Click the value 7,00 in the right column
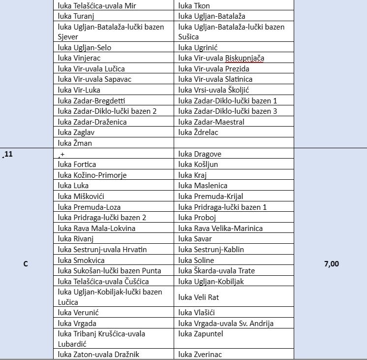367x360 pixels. [x=332, y=264]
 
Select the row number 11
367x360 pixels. [x=8, y=154]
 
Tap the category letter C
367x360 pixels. [x=26, y=264]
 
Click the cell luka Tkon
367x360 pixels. [x=194, y=6]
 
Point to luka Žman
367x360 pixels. [x=75, y=143]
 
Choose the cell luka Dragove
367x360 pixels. [x=200, y=154]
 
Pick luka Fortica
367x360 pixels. [x=77, y=164]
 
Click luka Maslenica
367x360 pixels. [x=203, y=186]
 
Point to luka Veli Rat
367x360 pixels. [x=199, y=297]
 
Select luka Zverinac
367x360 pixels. [x=200, y=354]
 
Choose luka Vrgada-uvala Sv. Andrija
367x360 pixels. [x=226, y=324]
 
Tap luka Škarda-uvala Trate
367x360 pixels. [x=216, y=271]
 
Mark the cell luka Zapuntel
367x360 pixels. [x=201, y=334]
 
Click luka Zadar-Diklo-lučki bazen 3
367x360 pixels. [x=228, y=111]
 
